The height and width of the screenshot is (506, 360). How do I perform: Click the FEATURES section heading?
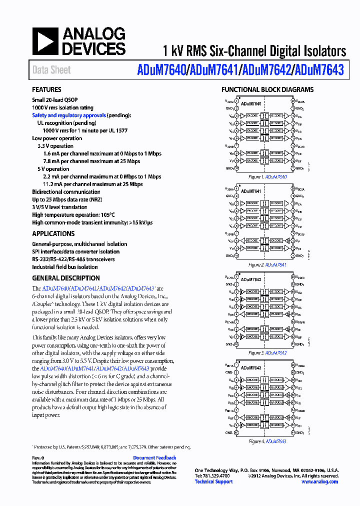point(46,90)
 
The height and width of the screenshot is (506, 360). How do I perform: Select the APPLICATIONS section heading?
point(53,233)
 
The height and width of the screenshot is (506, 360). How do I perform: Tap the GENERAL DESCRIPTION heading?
point(65,278)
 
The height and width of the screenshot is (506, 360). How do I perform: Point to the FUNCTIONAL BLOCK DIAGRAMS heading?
point(267,90)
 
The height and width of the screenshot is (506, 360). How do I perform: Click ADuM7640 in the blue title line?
point(160,70)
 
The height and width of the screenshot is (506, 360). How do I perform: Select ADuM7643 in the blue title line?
point(319,70)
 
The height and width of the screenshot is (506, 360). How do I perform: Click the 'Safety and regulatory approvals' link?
point(69,115)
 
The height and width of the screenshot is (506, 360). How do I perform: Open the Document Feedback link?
point(154,457)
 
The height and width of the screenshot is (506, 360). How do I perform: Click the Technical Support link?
point(213,481)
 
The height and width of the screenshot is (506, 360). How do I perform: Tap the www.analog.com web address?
point(321,481)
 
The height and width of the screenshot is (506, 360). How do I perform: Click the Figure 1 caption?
point(267,177)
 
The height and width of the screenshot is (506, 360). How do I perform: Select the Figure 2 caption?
point(267,264)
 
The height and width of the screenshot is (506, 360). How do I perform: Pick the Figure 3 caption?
point(267,353)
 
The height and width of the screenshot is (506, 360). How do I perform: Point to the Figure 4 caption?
point(267,441)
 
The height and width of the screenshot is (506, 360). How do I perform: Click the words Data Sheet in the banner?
point(51,70)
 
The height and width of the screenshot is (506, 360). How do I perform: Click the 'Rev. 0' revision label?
point(38,457)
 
